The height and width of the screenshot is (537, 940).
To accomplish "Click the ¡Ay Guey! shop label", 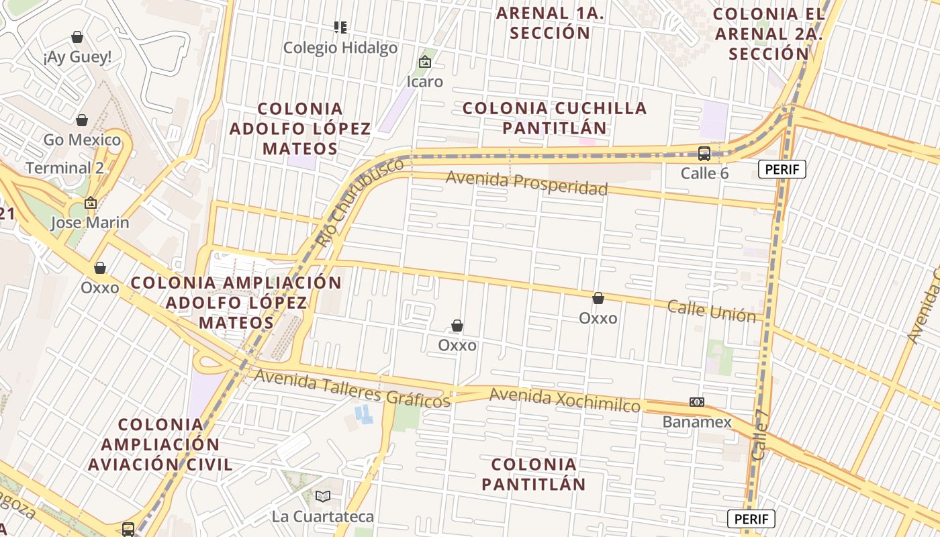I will pos(77,58).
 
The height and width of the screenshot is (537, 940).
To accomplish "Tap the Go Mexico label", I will pos(82,140).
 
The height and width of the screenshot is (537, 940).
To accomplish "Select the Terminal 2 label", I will pos(64,168).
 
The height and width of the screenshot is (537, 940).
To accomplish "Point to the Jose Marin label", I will pos(90,223).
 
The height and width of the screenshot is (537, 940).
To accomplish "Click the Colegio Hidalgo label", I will pos(340,48).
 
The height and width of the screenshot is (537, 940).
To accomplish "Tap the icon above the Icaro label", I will pos(425,62).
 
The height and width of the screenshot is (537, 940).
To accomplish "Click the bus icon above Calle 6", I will pos(704,154).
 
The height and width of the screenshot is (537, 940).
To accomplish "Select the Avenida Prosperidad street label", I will pos(526,183).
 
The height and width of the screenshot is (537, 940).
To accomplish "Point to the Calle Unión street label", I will pos(711,311).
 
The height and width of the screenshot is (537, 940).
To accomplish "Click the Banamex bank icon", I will pos(697,402).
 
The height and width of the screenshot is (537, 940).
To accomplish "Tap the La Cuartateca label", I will pos(322,516).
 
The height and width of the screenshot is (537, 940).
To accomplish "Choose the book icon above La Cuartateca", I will pos(323,496).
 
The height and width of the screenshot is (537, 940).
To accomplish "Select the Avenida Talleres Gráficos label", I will pos(352,389).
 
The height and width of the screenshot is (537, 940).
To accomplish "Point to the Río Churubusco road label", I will pos(361,201).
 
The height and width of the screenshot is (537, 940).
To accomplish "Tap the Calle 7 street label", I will pos(759,435).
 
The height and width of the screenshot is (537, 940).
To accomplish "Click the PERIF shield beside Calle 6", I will pos(782,169).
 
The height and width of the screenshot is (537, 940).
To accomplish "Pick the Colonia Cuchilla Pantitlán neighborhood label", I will pos(555,117).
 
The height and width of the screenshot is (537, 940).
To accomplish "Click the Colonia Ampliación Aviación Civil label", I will pos(160,444).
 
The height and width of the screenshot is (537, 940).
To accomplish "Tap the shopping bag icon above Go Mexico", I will pos(82,120).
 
